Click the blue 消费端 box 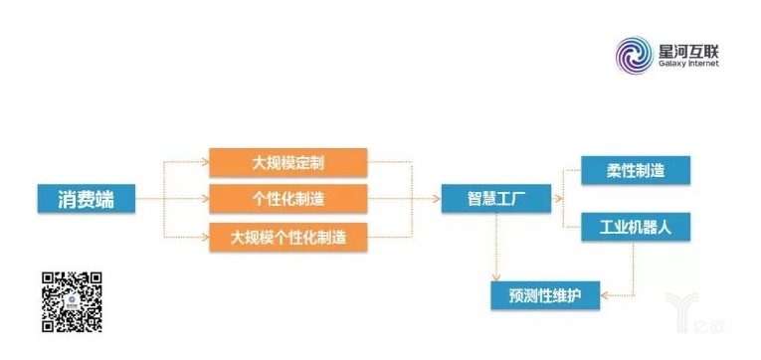87,199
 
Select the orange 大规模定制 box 288,162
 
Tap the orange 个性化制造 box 288,199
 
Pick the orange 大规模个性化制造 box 288,238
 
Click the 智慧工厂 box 496,199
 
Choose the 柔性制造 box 636,170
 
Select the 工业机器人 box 636,227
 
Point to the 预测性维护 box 545,295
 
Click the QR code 72,301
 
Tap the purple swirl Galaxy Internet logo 634,56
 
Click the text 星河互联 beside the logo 688,50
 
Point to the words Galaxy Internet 688,64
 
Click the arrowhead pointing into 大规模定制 206,162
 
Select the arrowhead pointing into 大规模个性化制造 206,238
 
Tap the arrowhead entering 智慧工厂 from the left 437,199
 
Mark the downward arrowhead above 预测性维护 495,277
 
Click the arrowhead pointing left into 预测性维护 605,295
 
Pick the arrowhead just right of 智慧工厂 558,199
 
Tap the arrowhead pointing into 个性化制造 206,199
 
